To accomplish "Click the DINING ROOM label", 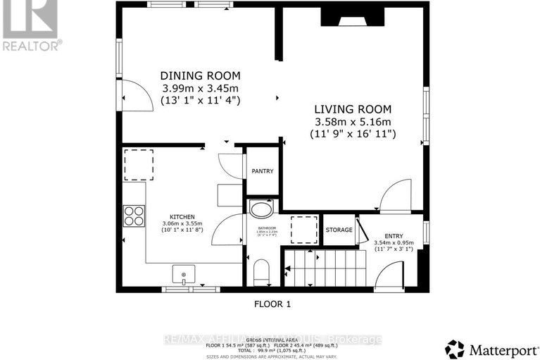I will click(x=201, y=75).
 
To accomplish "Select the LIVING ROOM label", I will click(x=353, y=109).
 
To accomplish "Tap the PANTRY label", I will click(x=263, y=171).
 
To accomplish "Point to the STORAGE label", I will click(x=339, y=230).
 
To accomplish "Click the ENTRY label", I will click(x=394, y=235).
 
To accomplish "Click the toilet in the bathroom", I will click(x=261, y=271).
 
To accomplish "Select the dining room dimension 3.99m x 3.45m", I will click(x=201, y=88).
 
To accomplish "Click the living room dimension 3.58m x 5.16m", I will click(x=353, y=121).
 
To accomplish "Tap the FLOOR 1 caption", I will click(x=272, y=304).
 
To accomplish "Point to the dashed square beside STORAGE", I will click(x=305, y=229).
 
